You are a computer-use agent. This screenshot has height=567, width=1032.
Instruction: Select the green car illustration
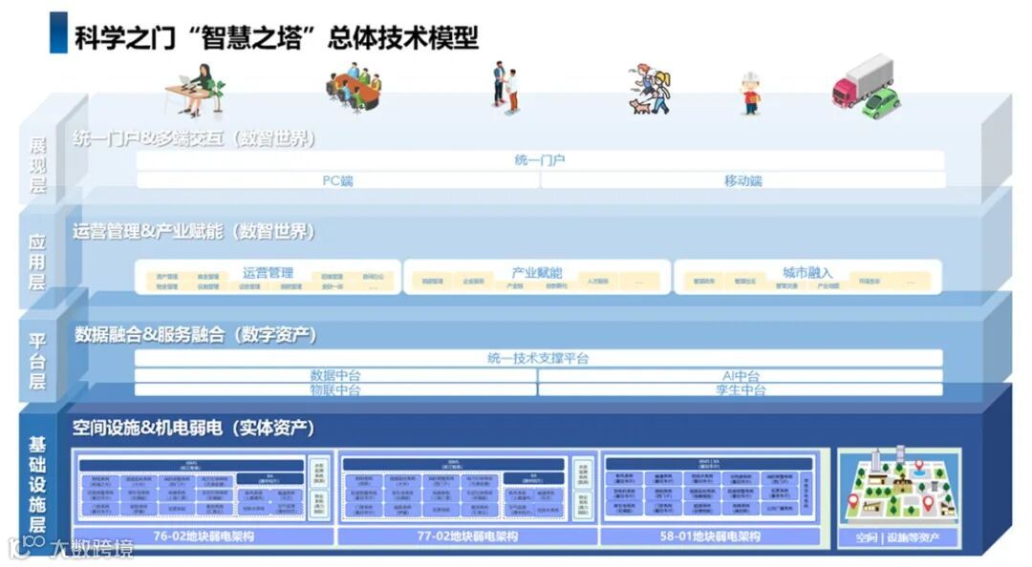pyautogui.click(x=881, y=103)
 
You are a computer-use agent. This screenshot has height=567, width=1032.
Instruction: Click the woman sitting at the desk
pyautogui.click(x=202, y=86)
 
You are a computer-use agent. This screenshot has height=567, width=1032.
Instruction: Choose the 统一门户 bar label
pyautogui.click(x=540, y=160)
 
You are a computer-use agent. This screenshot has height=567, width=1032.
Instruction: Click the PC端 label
pyautogui.click(x=337, y=180)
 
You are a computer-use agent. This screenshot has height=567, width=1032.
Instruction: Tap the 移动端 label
pyautogui.click(x=742, y=180)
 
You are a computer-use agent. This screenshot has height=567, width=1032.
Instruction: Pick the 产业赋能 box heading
pyautogui.click(x=537, y=272)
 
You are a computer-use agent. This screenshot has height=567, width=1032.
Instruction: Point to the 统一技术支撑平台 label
pyautogui.click(x=538, y=358)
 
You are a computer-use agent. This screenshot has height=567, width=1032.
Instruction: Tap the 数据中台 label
pyautogui.click(x=335, y=375)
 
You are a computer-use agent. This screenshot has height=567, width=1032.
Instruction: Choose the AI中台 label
pyautogui.click(x=741, y=375)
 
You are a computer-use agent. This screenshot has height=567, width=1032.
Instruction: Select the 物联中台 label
pyautogui.click(x=335, y=389)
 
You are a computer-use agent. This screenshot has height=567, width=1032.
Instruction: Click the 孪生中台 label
pyautogui.click(x=741, y=389)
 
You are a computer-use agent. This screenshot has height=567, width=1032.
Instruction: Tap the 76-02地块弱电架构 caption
pyautogui.click(x=203, y=536)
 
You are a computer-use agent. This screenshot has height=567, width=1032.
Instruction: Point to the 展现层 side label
pyautogui.click(x=38, y=164)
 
